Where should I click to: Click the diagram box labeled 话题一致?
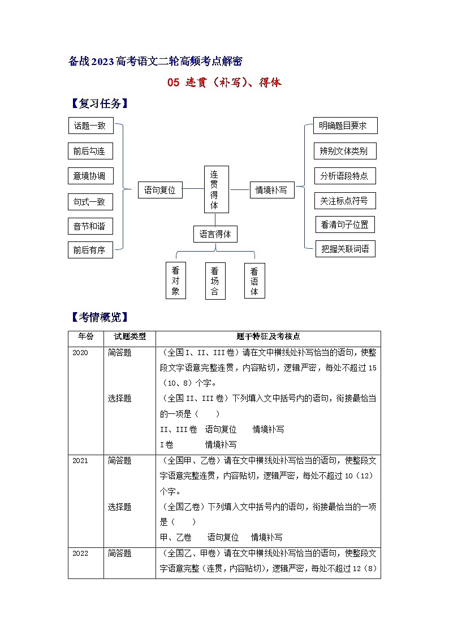90,126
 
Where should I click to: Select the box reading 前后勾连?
90,152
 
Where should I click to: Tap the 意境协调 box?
90,176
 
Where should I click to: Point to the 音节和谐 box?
90,226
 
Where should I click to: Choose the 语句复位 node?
160,191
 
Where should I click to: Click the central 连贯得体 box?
215,189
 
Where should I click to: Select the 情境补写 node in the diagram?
271,191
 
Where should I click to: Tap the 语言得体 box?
215,234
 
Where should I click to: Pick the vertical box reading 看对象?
175,280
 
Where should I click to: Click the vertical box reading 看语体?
254,280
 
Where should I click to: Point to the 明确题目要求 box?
345,126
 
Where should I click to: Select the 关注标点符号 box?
344,201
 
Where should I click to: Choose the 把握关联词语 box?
345,249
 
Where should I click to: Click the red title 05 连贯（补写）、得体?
225,83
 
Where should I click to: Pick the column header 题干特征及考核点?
268,336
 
